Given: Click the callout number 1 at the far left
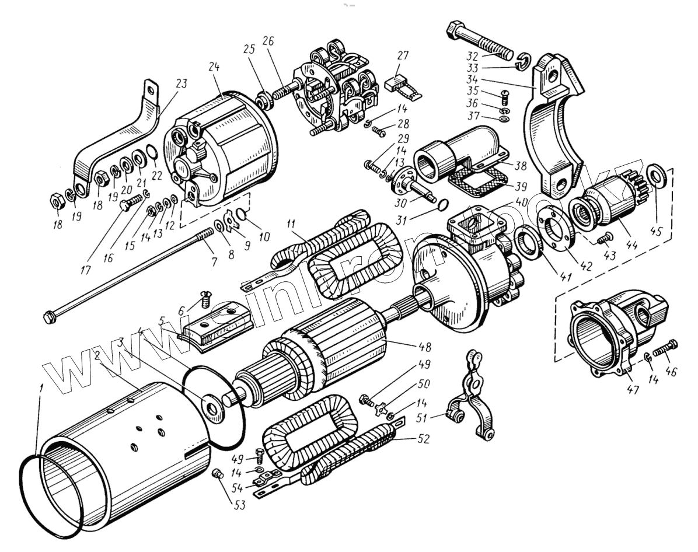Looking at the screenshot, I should [x=39, y=388].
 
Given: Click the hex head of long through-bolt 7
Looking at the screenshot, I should [x=48, y=316].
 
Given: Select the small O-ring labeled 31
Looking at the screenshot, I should [x=443, y=204].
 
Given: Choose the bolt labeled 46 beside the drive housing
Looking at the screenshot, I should [x=666, y=349].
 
